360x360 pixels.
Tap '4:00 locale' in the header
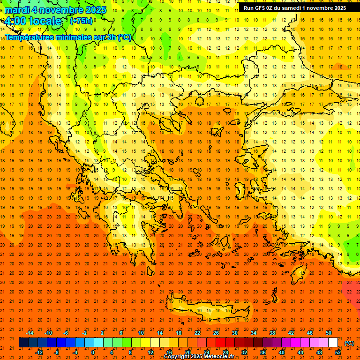coord(33,21)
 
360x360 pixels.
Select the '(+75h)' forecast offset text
coord(81,21)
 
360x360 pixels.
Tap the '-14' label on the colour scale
coord(30,332)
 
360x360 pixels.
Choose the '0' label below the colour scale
coord(93,352)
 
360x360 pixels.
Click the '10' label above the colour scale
coord(141,332)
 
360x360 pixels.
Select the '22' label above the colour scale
coord(197,332)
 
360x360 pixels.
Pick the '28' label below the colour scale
coord(225,352)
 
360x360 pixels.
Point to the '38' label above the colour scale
coord(272,332)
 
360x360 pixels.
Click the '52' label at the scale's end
coord(338,352)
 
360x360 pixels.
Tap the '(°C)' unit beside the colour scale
coord(349,343)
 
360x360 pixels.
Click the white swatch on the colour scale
coord(333,343)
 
